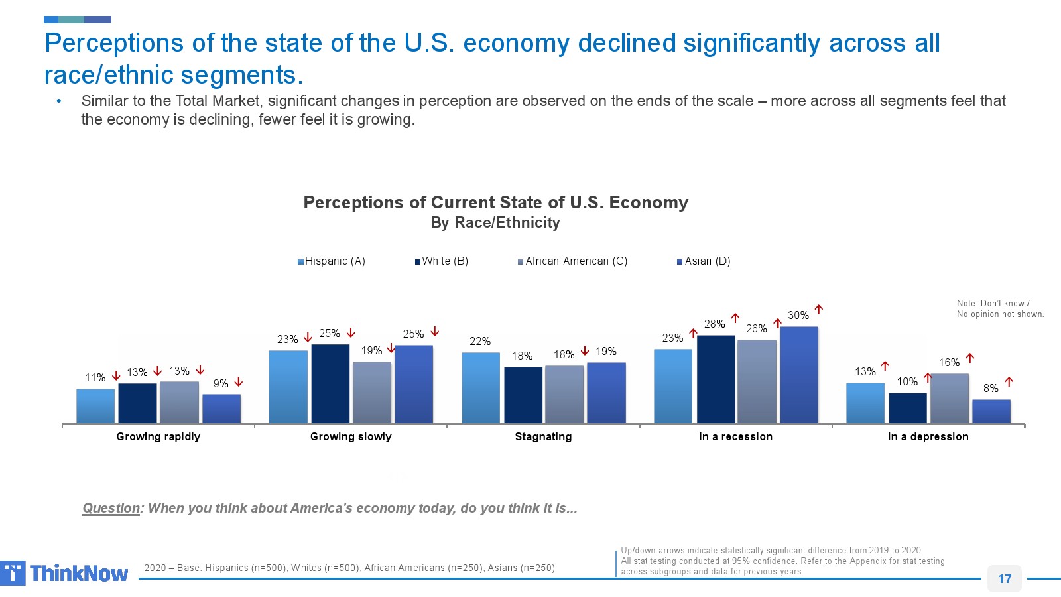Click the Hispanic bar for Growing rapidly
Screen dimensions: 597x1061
pyautogui.click(x=95, y=406)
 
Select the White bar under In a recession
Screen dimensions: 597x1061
pyautogui.click(x=716, y=379)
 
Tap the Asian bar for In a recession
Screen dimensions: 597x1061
pyautogui.click(x=798, y=375)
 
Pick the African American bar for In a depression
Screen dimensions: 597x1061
pyautogui.click(x=949, y=398)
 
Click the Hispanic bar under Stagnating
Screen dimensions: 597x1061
pyautogui.click(x=480, y=387)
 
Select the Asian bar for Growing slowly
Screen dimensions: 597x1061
pyautogui.click(x=413, y=384)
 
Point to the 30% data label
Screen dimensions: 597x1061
pyautogui.click(x=798, y=315)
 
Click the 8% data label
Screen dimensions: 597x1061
pyautogui.click(x=991, y=388)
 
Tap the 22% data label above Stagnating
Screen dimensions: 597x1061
pyautogui.click(x=480, y=341)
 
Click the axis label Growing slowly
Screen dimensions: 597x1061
pyautogui.click(x=351, y=436)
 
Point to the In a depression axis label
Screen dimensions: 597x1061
pyautogui.click(x=928, y=436)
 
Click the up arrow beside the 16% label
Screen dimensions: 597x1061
pyautogui.click(x=970, y=358)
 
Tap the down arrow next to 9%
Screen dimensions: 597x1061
pyautogui.click(x=239, y=383)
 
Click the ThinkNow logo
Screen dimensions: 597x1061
pyautogui.click(x=65, y=573)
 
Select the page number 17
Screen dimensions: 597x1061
pyautogui.click(x=1005, y=578)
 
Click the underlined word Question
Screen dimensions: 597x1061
pyautogui.click(x=111, y=508)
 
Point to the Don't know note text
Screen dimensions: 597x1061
pyautogui.click(x=999, y=308)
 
